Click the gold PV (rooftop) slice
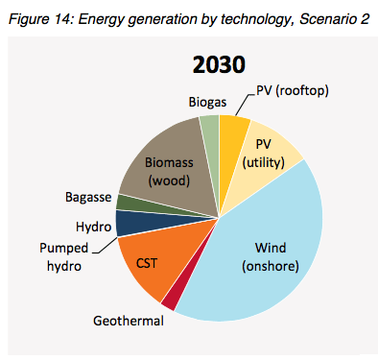click(x=233, y=129)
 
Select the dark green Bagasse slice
click(x=126, y=202)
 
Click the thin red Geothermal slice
click(x=170, y=300)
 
